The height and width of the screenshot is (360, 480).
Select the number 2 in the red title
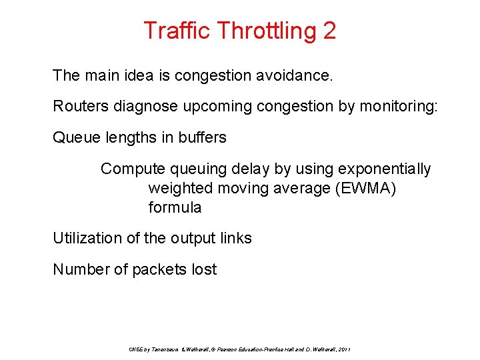(329, 31)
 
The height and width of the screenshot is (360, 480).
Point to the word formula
(175, 207)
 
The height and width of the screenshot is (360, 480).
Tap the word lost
(204, 269)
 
